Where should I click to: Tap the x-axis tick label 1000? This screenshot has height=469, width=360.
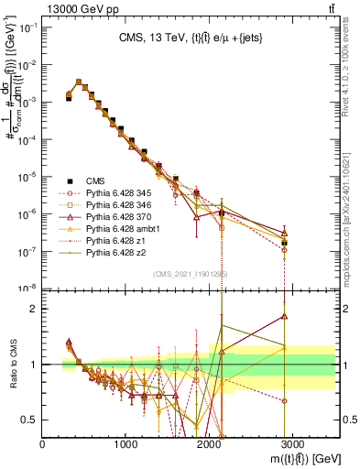pyautogui.click(x=126, y=443)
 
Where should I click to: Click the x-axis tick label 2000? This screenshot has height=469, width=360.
pyautogui.click(x=210, y=443)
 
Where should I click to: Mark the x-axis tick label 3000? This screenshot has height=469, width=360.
pyautogui.click(x=293, y=443)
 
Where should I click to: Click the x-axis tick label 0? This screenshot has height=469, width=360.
pyautogui.click(x=43, y=443)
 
